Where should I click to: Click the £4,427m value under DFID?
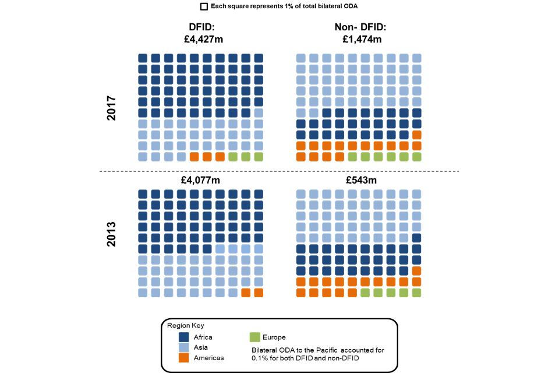click(x=202, y=39)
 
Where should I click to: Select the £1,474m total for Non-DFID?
click(x=360, y=39)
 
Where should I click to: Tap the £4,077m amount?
click(x=201, y=180)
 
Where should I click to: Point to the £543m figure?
click(x=361, y=180)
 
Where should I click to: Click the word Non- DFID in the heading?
click(x=360, y=27)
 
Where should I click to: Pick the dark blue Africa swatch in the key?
click(x=184, y=337)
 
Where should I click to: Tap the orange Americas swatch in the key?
click(x=184, y=357)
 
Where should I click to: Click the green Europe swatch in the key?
click(x=254, y=337)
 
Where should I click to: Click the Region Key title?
click(x=185, y=325)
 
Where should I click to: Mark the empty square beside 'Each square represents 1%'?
click(x=204, y=6)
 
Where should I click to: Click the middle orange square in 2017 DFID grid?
click(x=207, y=156)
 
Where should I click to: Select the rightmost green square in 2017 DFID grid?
click(x=259, y=156)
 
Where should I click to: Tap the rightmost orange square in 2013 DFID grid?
click(x=259, y=293)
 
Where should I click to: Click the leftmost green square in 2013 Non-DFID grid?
click(x=365, y=293)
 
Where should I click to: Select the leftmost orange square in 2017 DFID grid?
click(x=194, y=156)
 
